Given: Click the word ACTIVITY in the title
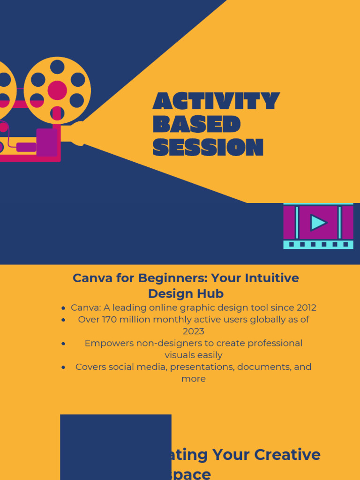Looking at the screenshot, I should click(x=216, y=101).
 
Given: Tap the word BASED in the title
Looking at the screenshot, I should click(x=196, y=124).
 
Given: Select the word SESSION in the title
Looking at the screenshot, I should click(x=208, y=147).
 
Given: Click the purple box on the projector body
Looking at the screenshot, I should click(x=47, y=142).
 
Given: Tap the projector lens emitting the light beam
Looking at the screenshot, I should click(x=79, y=133).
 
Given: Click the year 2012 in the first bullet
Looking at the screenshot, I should click(x=306, y=308).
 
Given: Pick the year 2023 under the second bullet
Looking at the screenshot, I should click(x=194, y=331).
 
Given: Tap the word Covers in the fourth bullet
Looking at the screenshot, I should click(x=91, y=367).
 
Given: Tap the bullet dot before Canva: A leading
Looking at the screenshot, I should click(x=63, y=308).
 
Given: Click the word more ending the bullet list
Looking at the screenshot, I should click(x=194, y=378).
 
